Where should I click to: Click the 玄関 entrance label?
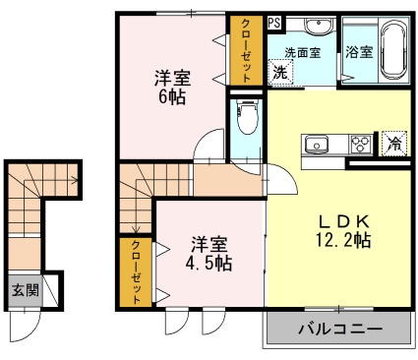point(26,290)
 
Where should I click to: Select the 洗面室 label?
point(303,52)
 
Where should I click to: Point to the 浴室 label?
point(359,53)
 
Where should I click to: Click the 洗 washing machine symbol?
point(281,72)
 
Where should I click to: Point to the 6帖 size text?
point(172,97)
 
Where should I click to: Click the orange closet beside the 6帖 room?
point(241,50)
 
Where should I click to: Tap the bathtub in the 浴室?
point(391,49)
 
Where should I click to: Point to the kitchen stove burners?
point(360,145)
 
